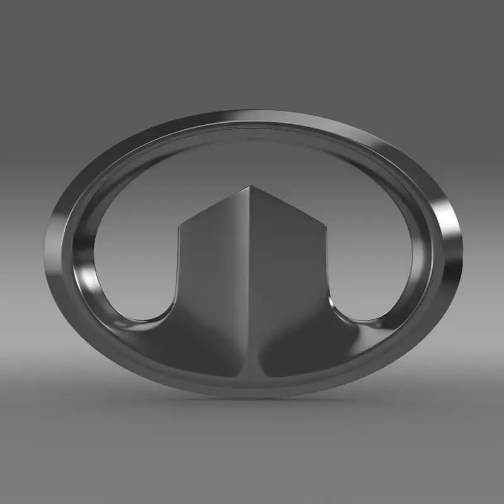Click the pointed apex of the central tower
[251, 186]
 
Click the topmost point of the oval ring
[252, 112]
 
